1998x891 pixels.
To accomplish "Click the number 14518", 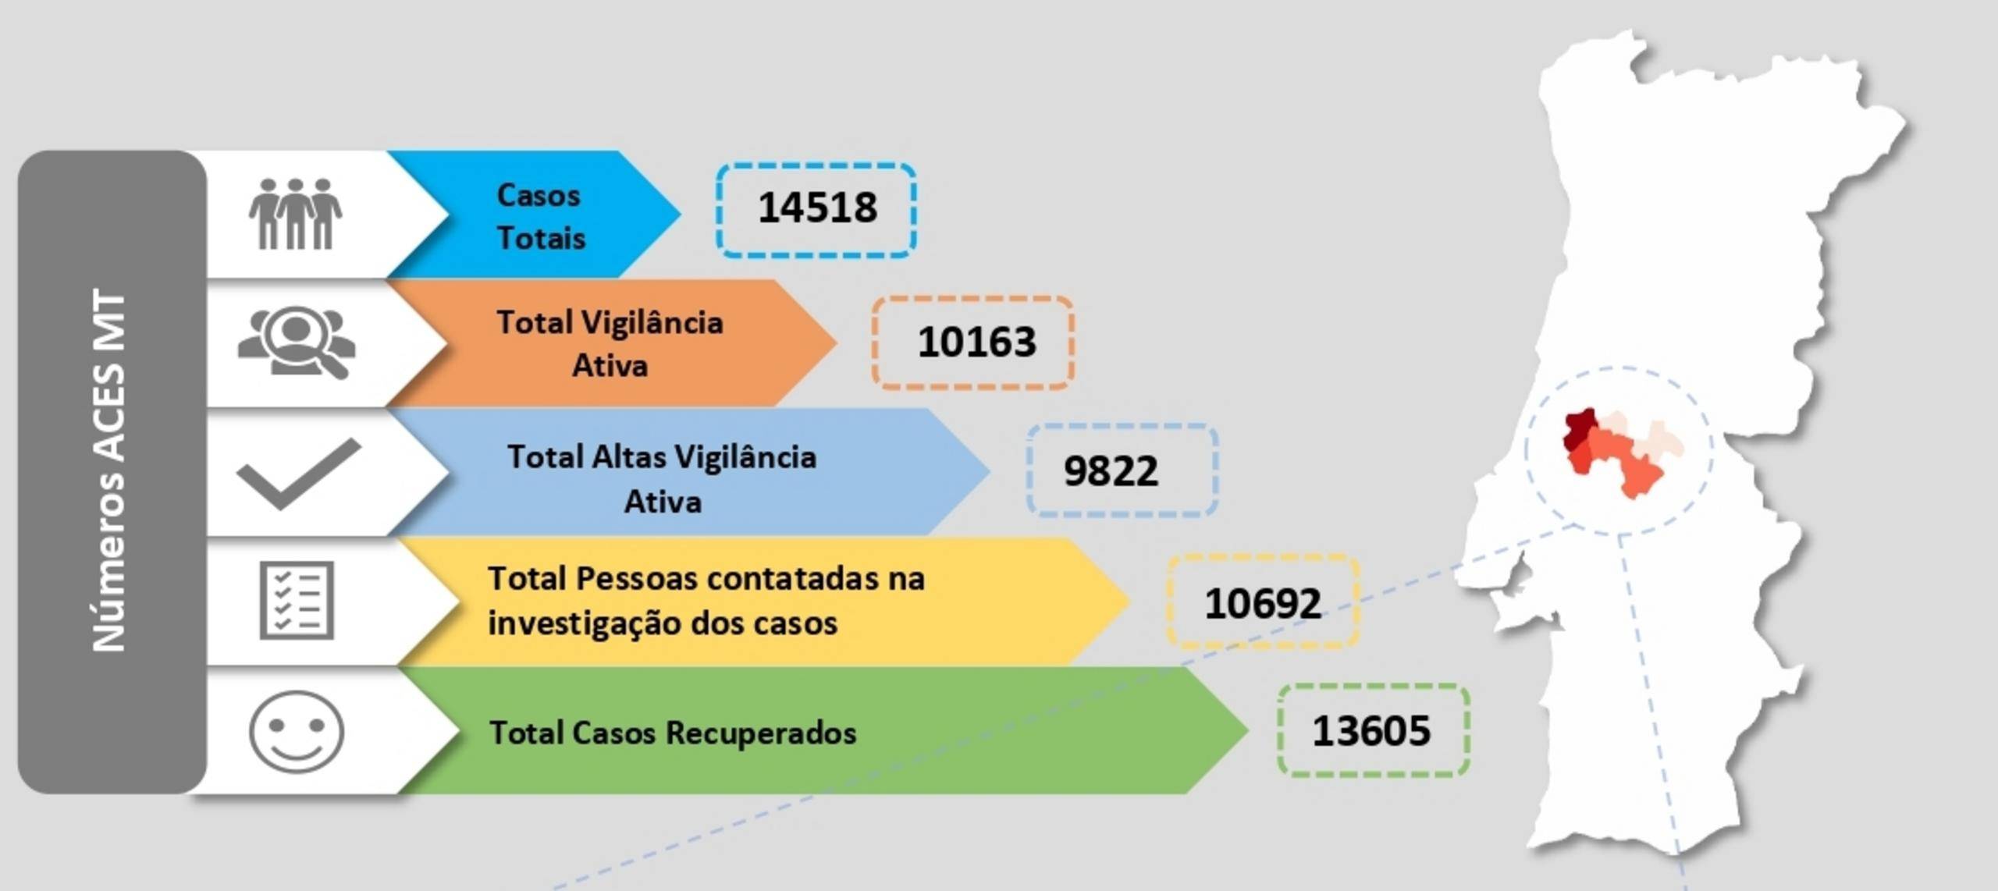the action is point(817,208).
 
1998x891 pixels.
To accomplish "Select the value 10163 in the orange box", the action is point(976,342).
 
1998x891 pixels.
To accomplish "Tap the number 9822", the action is point(1111,471).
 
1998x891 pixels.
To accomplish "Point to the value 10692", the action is point(1263,603).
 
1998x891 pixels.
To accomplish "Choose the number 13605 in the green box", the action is point(1371,731).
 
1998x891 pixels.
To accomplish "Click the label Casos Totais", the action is point(540,217).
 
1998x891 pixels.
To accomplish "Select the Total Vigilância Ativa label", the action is point(610,344).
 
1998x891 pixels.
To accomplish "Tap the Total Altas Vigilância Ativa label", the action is point(662,479).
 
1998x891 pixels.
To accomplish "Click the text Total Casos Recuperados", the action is point(672,733).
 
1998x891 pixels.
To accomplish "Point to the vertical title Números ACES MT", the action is point(109,470).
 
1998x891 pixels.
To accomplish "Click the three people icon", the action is point(295,214).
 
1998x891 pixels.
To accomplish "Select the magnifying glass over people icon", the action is point(297,343).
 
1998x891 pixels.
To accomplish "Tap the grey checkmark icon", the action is point(299,474).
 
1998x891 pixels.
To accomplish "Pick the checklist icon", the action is point(297,600).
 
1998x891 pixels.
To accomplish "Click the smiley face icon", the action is point(297,732).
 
